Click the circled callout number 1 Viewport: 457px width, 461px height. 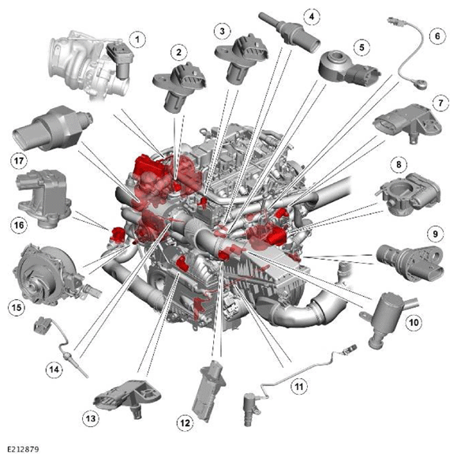pos(137,39)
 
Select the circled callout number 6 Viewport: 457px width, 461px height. pos(437,36)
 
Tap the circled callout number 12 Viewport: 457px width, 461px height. pos(185,423)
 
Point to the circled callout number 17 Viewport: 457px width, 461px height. pos(19,161)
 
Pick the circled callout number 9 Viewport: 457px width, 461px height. pos(435,234)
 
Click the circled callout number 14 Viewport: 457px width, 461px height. pos(54,369)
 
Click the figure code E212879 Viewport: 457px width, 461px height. pos(23,449)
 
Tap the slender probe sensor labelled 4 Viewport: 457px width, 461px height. pos(289,32)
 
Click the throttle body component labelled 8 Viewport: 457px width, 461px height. pos(409,193)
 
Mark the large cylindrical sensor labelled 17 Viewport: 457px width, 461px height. pos(52,129)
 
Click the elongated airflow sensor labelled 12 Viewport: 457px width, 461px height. pos(208,391)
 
